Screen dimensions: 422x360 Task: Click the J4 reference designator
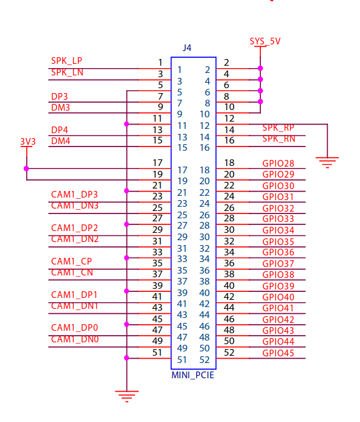click(x=187, y=47)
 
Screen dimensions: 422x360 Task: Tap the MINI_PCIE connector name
click(x=193, y=375)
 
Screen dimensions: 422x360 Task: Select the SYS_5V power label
click(x=265, y=41)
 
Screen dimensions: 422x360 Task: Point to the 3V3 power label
click(x=27, y=141)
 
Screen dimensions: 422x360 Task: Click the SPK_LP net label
click(x=66, y=61)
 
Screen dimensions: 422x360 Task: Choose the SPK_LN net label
click(x=67, y=72)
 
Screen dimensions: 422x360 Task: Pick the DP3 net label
click(x=60, y=96)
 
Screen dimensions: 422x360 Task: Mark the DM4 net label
click(x=60, y=141)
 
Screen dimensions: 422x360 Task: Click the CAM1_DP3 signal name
click(x=74, y=195)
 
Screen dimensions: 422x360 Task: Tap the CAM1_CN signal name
click(x=72, y=272)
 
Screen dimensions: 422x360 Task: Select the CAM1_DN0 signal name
click(x=74, y=339)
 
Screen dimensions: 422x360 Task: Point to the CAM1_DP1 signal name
click(x=74, y=295)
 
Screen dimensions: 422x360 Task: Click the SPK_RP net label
click(x=279, y=128)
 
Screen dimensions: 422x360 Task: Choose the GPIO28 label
click(x=279, y=164)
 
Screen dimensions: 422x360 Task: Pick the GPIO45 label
click(x=279, y=353)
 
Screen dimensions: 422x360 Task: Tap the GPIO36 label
click(x=279, y=252)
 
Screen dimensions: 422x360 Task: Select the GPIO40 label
click(x=279, y=297)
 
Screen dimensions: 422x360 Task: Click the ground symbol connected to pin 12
click(x=327, y=162)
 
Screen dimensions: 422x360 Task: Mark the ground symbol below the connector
click(x=126, y=397)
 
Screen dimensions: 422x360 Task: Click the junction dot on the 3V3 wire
click(x=26, y=168)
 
